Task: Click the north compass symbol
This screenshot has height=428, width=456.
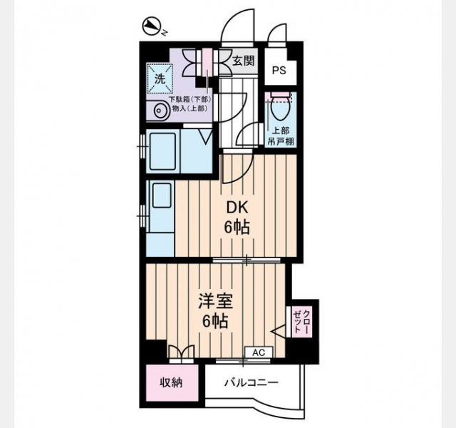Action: point(152,27)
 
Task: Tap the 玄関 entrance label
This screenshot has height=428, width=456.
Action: point(244,61)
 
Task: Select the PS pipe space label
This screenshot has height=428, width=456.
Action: point(279,71)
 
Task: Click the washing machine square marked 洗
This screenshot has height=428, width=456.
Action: point(160,78)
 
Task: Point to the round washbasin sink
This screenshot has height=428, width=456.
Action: point(159,111)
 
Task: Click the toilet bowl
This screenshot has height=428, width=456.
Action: point(281,108)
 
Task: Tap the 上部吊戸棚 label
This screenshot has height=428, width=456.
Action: point(281,136)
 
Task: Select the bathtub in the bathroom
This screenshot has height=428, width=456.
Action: point(162,151)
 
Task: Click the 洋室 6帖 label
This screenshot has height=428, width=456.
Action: point(215,311)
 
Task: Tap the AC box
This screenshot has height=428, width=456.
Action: point(259,352)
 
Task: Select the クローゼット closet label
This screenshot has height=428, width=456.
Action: point(302,322)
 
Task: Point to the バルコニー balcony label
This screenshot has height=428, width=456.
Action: point(252,382)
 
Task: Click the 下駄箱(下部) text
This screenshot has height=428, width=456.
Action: point(190,99)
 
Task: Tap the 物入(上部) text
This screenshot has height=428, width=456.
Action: point(190,108)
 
